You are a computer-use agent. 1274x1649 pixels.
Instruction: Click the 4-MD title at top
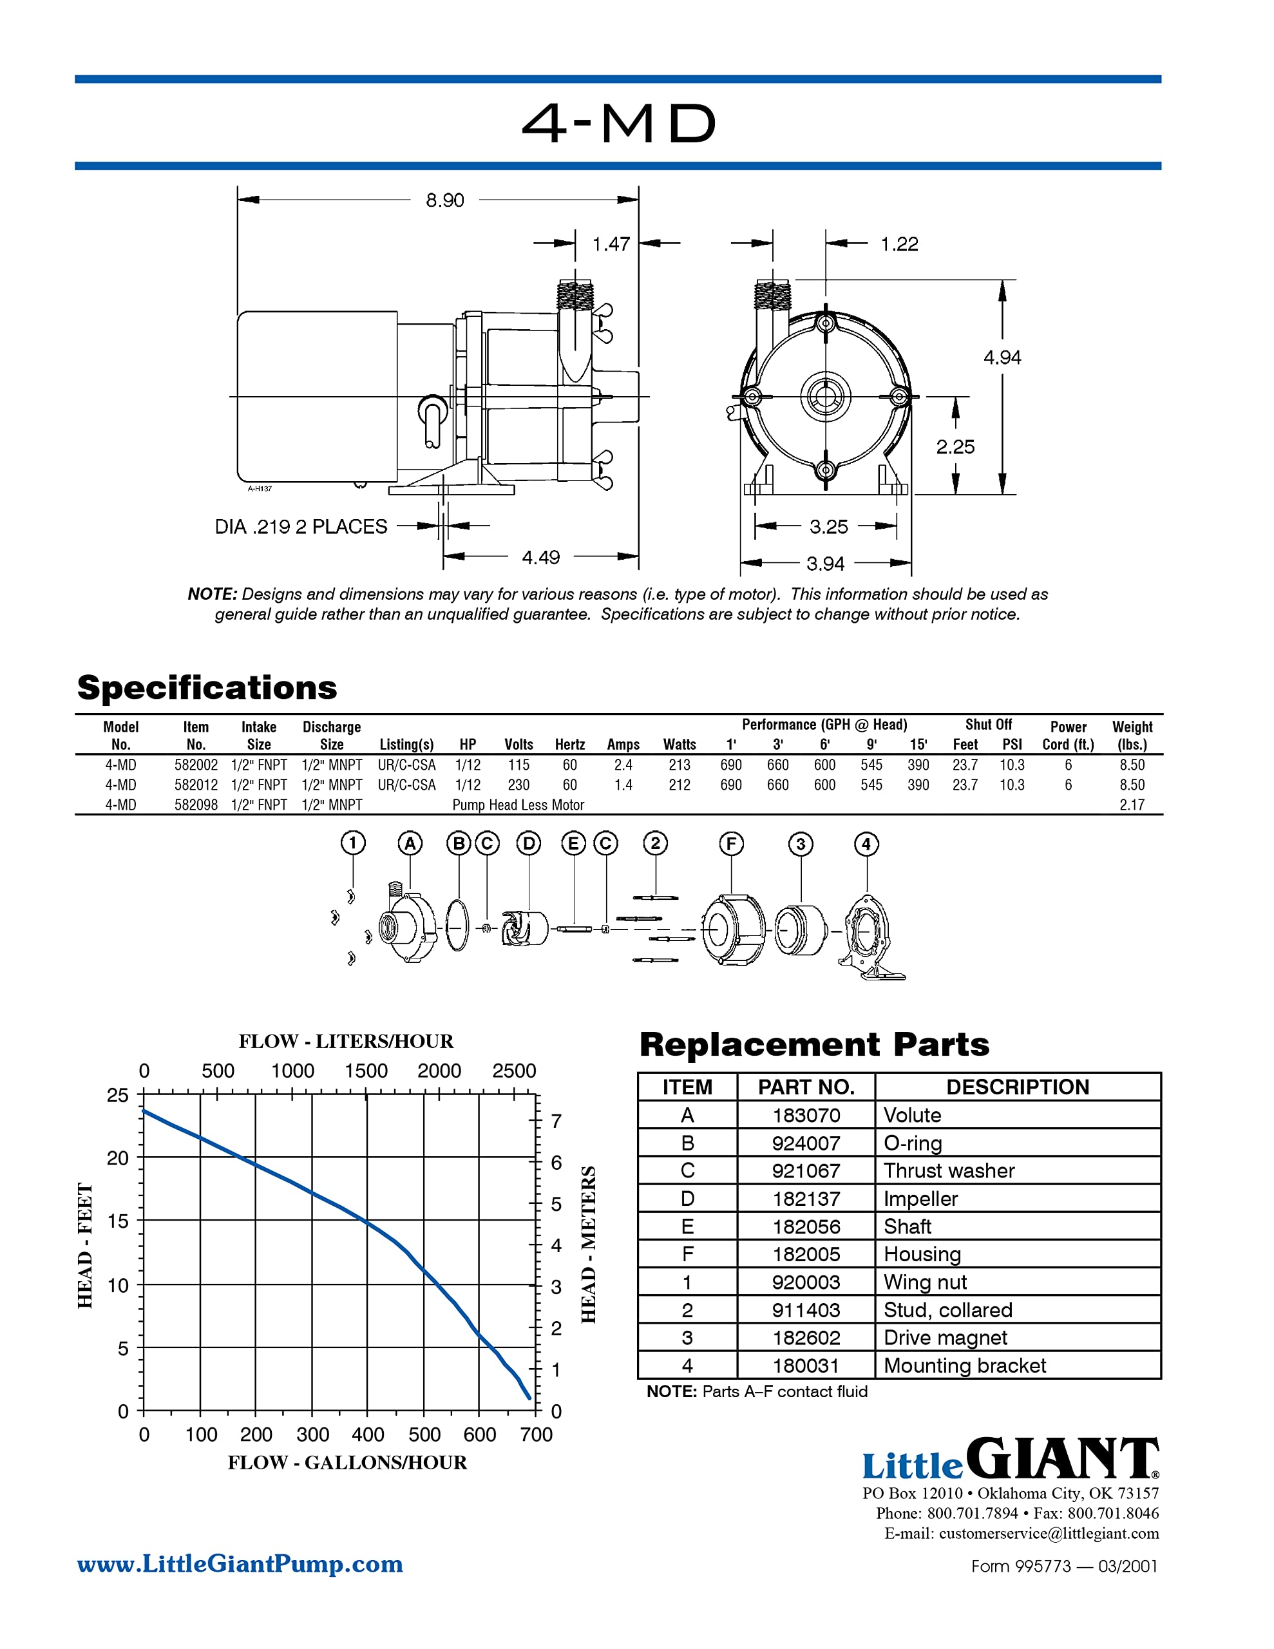(619, 123)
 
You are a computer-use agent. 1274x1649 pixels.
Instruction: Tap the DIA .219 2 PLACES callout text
(301, 526)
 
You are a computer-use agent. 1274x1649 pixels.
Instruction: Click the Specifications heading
(207, 687)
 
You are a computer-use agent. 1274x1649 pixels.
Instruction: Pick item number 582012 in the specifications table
(196, 785)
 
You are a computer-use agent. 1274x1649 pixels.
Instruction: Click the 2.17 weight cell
(1131, 805)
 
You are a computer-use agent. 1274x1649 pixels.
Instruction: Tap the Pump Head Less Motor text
(518, 805)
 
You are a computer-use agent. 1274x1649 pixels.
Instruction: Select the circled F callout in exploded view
(730, 843)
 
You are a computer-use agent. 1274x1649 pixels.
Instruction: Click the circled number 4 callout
(866, 843)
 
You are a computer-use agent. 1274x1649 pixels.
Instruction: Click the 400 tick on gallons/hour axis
(367, 1434)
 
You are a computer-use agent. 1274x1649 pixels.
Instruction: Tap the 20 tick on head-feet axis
(119, 1158)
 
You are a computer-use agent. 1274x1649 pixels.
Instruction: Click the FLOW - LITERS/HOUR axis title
(346, 1041)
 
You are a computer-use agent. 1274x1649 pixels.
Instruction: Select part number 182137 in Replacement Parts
(806, 1198)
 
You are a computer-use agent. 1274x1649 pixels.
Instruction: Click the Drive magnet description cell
(945, 1337)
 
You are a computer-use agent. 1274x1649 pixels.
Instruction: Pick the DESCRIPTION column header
(1016, 1087)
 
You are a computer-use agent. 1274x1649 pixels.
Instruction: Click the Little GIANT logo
(1010, 1460)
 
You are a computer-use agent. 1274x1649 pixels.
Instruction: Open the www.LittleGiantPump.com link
(240, 1564)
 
